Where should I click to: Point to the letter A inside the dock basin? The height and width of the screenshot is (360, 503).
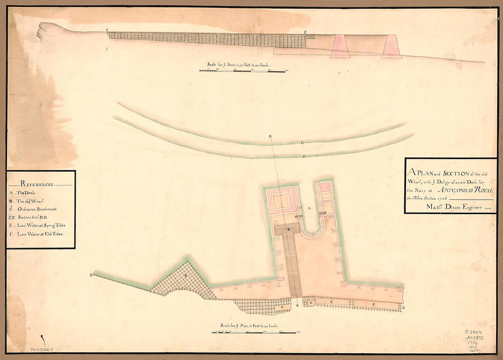[309, 208]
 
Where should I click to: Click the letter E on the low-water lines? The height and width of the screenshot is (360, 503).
[302, 143]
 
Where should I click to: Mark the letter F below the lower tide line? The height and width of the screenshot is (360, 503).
[304, 156]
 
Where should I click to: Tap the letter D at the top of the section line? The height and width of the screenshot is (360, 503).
[271, 136]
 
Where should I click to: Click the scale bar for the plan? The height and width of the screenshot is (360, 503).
[254, 332]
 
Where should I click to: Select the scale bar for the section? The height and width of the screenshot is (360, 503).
[243, 70]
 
